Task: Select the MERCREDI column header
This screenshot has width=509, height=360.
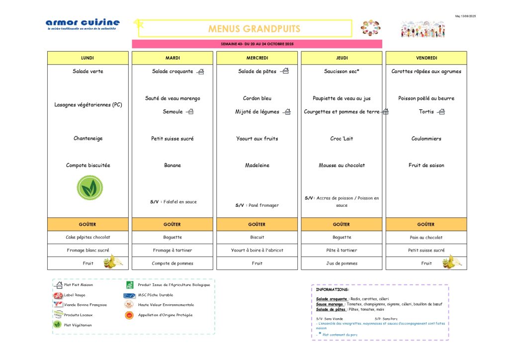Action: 257,58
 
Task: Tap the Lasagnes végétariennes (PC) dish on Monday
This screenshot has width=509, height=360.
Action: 88,105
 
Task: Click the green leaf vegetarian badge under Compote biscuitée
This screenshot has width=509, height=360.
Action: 89,188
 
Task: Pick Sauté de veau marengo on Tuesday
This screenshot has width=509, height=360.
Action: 172,98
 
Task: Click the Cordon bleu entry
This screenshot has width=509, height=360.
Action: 257,98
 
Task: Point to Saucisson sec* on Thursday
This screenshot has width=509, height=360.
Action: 341,72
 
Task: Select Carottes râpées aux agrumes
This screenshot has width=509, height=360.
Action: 426,72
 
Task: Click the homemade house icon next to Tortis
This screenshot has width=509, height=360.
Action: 440,112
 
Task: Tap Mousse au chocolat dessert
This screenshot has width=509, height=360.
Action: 341,166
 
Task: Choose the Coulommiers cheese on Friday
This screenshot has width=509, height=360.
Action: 426,139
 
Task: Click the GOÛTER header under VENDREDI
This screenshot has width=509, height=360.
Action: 426,224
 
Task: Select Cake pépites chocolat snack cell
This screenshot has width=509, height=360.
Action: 88,238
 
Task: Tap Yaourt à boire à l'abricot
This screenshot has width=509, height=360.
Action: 257,251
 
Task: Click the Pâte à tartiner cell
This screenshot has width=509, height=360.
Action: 341,251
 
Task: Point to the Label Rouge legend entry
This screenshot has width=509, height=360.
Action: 75,295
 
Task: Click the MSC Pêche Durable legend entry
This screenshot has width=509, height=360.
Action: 156,295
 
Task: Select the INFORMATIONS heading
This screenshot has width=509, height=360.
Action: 333,289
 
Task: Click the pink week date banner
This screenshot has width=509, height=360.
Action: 257,44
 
